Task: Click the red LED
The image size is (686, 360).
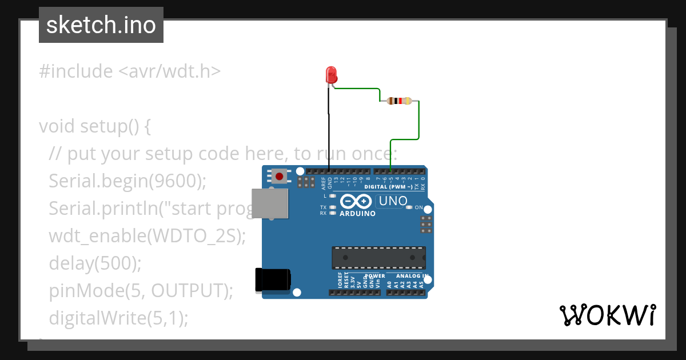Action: [x=330, y=75]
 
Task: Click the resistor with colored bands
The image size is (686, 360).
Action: [x=399, y=101]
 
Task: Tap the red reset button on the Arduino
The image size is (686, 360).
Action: [x=279, y=176]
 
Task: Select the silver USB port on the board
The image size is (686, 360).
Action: [x=270, y=204]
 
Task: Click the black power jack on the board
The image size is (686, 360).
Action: [x=273, y=279]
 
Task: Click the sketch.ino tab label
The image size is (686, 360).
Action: [x=101, y=25]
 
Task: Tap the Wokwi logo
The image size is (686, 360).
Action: [x=607, y=315]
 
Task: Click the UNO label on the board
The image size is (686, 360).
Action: [x=393, y=201]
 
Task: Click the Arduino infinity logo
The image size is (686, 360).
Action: [x=357, y=201]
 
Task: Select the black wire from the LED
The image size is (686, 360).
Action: [x=329, y=131]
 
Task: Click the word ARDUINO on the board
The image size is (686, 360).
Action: [x=357, y=214]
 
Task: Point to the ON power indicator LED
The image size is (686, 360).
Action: [x=409, y=207]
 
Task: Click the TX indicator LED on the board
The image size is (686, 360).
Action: [x=333, y=207]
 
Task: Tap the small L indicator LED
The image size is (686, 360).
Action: [x=333, y=196]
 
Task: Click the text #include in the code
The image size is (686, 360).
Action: [x=76, y=71]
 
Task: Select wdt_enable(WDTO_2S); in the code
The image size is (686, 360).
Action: [x=147, y=236]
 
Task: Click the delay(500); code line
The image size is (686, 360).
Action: [x=95, y=263]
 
